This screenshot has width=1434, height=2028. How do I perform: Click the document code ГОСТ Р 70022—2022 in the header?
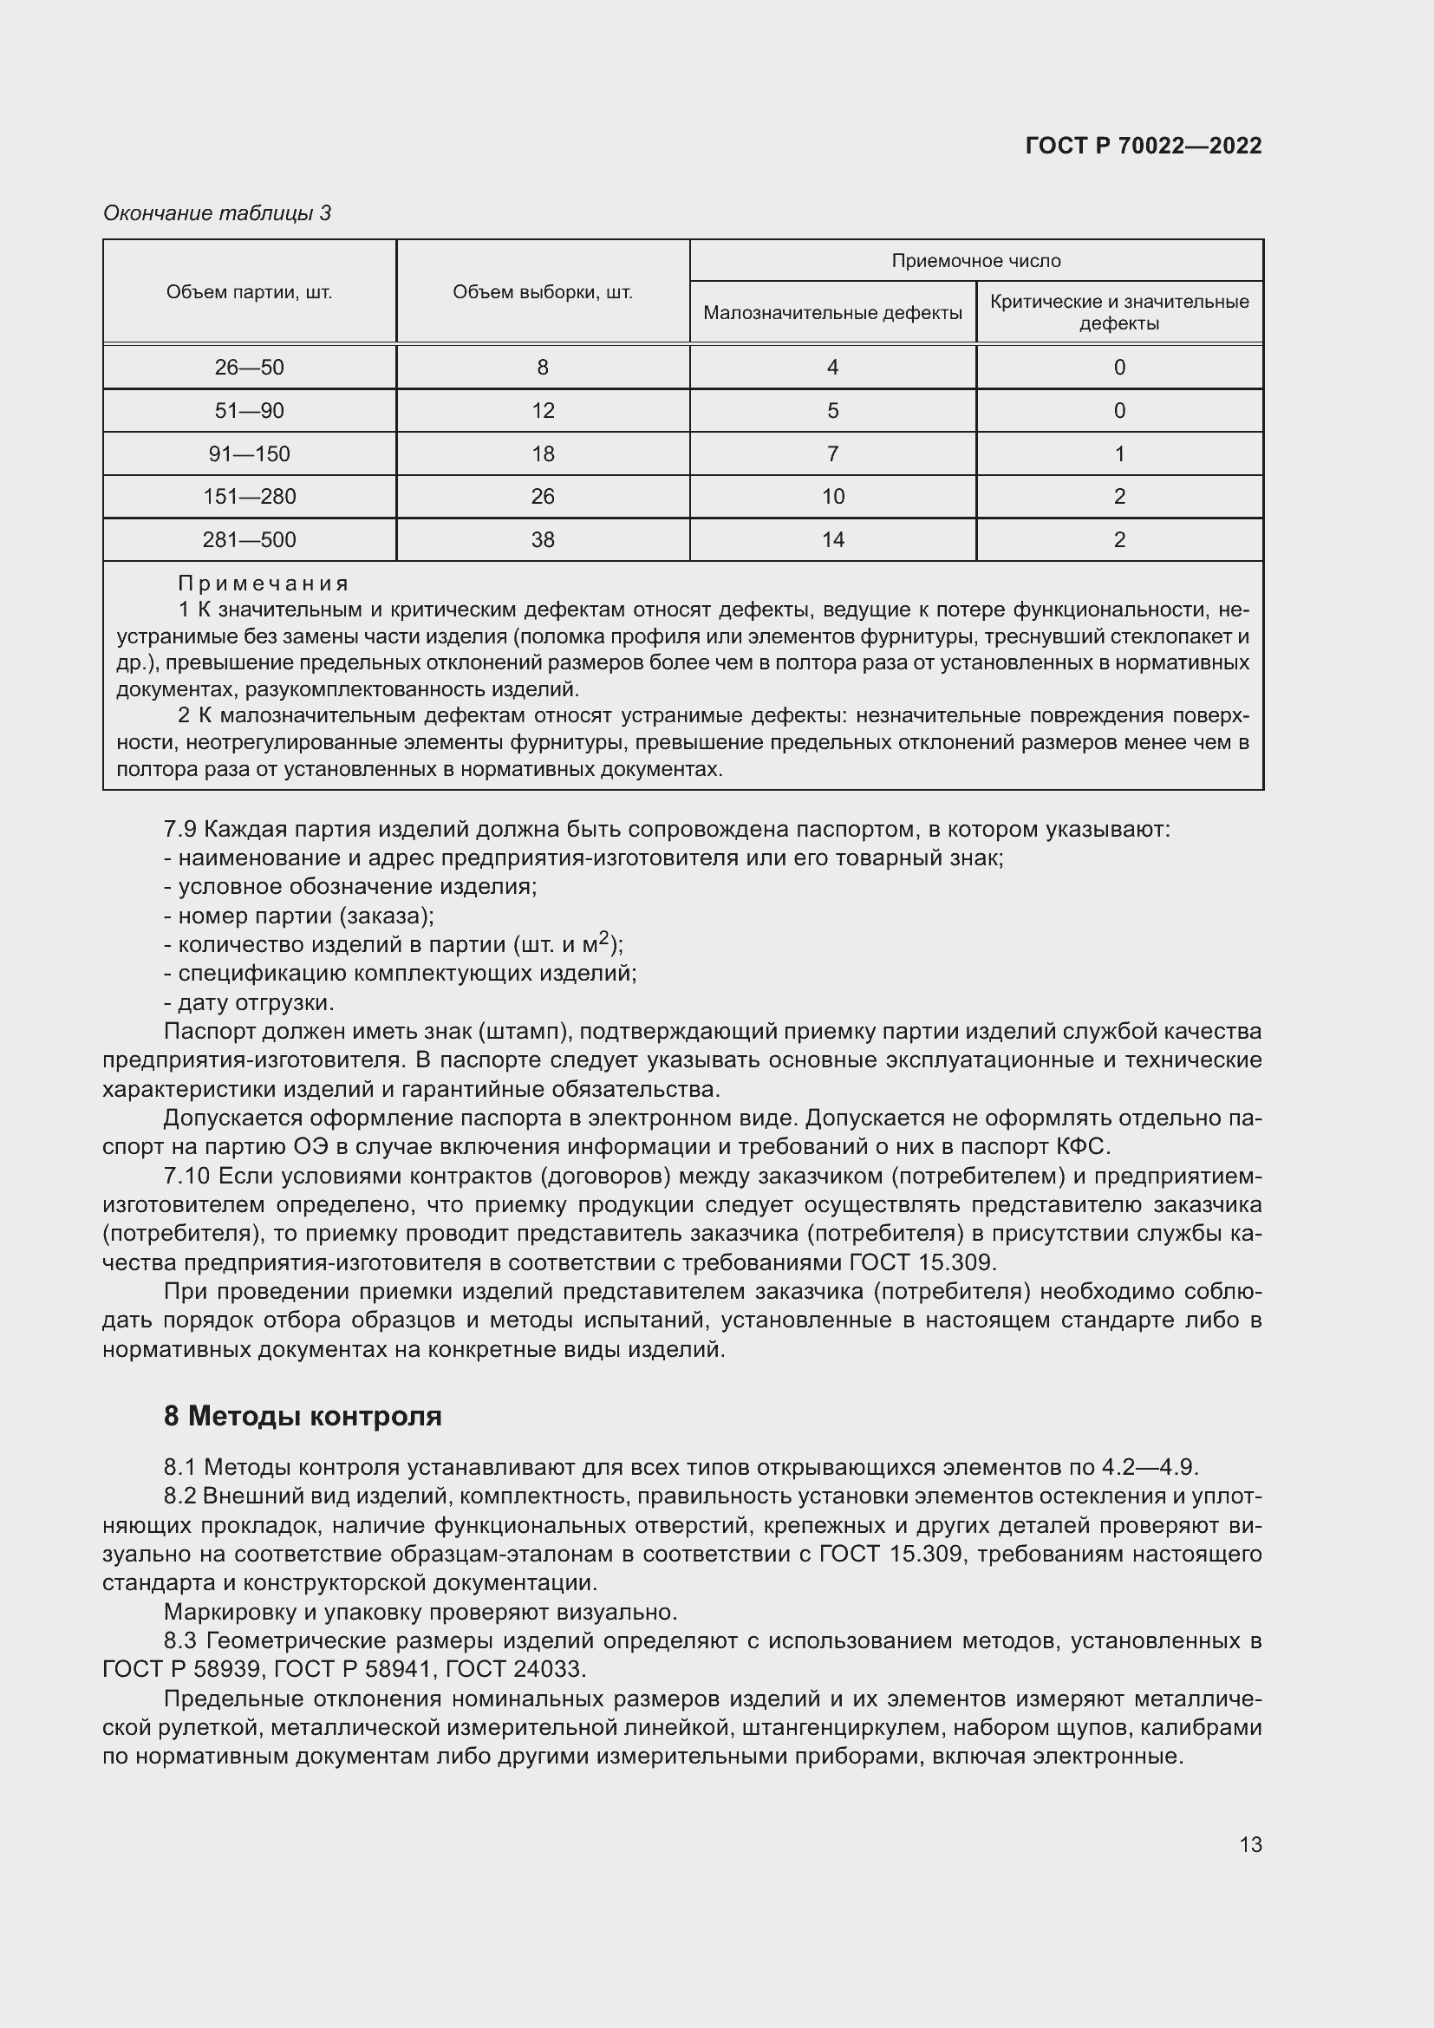coord(1144,146)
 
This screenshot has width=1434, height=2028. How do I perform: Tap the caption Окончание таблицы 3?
coord(218,213)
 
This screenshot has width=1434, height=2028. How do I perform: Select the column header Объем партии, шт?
coord(249,292)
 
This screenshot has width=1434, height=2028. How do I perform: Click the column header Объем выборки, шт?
coord(542,292)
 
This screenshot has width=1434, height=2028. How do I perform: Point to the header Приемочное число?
coord(975,261)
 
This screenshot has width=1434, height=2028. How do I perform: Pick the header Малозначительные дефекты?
coord(831,313)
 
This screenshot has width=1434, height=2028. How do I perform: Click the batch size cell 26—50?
coord(249,368)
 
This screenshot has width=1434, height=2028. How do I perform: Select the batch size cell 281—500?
coord(249,539)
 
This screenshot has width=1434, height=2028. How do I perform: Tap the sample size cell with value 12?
coord(542,411)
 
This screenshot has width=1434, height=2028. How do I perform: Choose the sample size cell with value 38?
coord(542,539)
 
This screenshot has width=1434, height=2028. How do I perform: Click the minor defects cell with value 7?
coord(831,454)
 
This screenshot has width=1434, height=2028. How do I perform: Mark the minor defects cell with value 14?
coord(831,539)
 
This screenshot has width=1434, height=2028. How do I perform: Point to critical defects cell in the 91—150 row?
coord(1118,454)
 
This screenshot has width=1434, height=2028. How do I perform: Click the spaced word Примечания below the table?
coord(264,584)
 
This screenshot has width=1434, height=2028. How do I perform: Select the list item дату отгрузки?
coord(256,1002)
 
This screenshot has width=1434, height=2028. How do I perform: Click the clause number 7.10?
coord(186,1177)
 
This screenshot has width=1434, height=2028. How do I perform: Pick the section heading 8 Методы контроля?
coord(302,1416)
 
